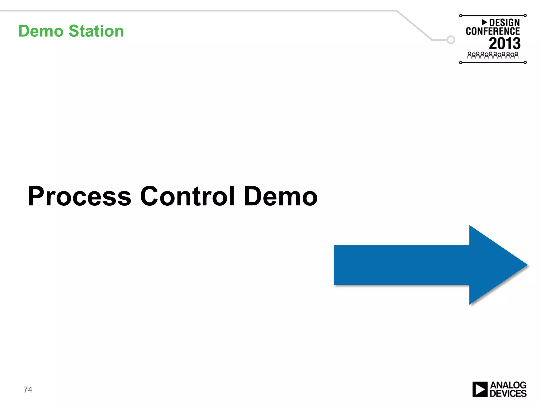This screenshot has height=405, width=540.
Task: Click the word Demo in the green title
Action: tap(41, 31)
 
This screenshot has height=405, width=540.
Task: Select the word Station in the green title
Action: tap(96, 31)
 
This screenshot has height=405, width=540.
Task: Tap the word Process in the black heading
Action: tap(79, 196)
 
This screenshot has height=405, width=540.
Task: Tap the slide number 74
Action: tap(28, 390)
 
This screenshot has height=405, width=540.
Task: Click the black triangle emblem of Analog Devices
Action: tap(480, 389)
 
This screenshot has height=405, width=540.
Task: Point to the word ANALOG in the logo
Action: tap(508, 385)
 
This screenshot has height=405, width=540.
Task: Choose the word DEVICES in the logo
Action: tap(508, 393)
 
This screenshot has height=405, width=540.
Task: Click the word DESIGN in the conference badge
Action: tap(504, 23)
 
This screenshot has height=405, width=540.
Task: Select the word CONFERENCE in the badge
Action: tap(493, 31)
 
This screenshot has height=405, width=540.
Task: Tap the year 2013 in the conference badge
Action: tap(505, 44)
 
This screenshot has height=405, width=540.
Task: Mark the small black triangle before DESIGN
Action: tap(484, 22)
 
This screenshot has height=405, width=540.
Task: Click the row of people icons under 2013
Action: tap(493, 55)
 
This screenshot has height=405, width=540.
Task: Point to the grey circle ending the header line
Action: tap(451, 40)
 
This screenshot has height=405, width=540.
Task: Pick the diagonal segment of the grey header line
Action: tap(414, 25)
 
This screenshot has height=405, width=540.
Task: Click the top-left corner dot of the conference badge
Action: tap(461, 16)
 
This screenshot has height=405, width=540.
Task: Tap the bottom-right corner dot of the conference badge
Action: tap(525, 62)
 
